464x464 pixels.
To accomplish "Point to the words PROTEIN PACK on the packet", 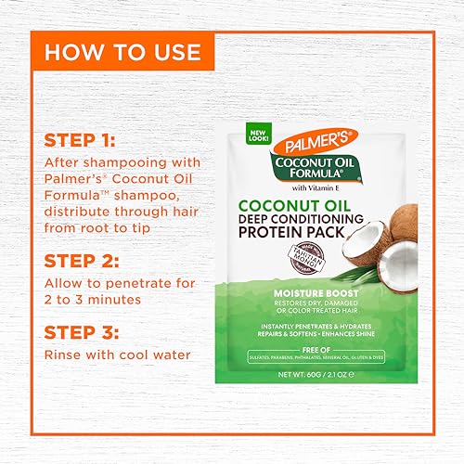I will [x=298, y=220].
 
